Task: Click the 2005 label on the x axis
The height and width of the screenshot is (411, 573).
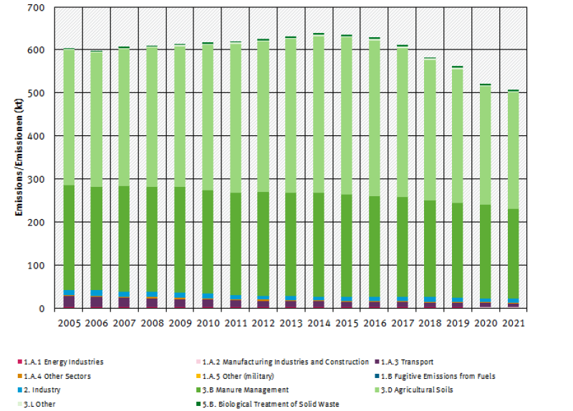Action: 69,323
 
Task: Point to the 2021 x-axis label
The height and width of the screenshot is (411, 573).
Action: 514,323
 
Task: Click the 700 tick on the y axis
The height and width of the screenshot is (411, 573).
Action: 35,8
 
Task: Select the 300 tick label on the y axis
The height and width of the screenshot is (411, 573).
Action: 35,180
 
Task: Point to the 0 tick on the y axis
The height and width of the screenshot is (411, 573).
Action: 42,309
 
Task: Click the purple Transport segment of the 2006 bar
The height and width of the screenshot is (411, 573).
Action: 95,302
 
